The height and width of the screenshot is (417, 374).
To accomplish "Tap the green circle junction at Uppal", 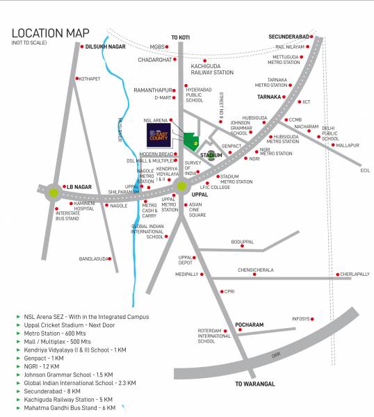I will (x=182, y=186).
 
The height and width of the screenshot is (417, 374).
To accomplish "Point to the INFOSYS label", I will (x=300, y=319).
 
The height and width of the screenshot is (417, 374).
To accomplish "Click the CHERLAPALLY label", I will (x=355, y=275).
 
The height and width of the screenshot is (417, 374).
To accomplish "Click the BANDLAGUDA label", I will (x=95, y=259).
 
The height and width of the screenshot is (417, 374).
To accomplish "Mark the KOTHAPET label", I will (x=90, y=79).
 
